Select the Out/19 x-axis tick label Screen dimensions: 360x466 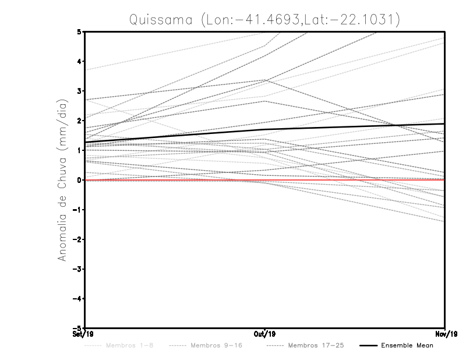265,334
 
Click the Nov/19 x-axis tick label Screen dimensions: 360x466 446,334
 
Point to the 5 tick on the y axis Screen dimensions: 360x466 79,31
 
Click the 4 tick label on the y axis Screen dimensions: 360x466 79,62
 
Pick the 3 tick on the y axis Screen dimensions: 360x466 79,91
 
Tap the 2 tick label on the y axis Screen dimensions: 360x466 79,121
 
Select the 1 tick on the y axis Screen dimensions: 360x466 79,150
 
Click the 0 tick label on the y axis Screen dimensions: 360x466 79,180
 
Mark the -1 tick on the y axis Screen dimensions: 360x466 77,210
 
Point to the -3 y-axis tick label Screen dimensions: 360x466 77,269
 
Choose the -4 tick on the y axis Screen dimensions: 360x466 77,298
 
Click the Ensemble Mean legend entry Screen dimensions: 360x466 407,345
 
